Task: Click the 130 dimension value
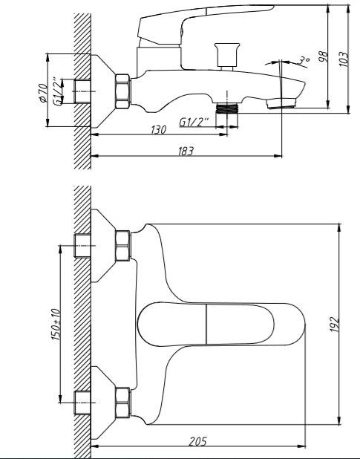tap(159, 129)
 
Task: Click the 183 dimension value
tap(186, 151)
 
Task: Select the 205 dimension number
tap(197, 441)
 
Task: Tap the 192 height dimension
tap(335, 324)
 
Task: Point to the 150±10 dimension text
tap(56, 325)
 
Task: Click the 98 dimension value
tap(323, 56)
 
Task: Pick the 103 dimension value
tap(344, 59)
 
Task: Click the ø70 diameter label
tap(43, 93)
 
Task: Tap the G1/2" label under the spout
tap(194, 122)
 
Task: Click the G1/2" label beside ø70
tap(58, 91)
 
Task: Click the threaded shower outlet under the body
tap(227, 108)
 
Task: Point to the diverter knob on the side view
tap(227, 55)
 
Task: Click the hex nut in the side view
tap(122, 91)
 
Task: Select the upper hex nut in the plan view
tap(122, 246)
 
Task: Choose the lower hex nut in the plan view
tap(122, 403)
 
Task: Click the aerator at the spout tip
tap(281, 104)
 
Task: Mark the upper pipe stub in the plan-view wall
tap(82, 246)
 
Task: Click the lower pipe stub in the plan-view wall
tap(82, 403)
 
